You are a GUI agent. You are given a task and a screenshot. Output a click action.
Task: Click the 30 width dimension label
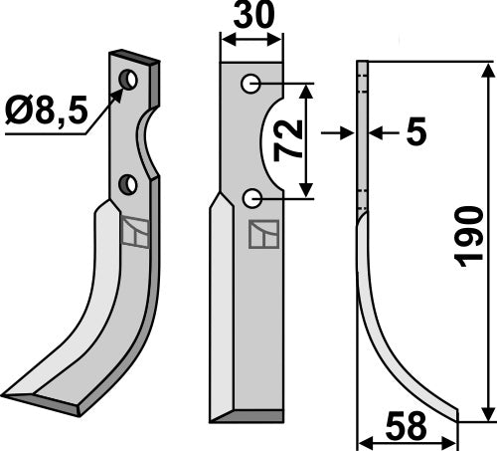(x=250, y=18)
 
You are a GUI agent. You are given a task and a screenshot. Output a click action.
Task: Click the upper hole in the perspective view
(x=127, y=79)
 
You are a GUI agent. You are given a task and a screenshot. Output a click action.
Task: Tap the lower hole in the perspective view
(x=127, y=183)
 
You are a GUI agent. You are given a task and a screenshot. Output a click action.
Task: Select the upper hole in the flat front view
(x=250, y=85)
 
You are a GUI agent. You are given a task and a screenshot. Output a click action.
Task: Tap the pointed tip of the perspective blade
(x=8, y=390)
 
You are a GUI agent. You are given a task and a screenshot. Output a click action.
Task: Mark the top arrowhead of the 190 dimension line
(x=487, y=70)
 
